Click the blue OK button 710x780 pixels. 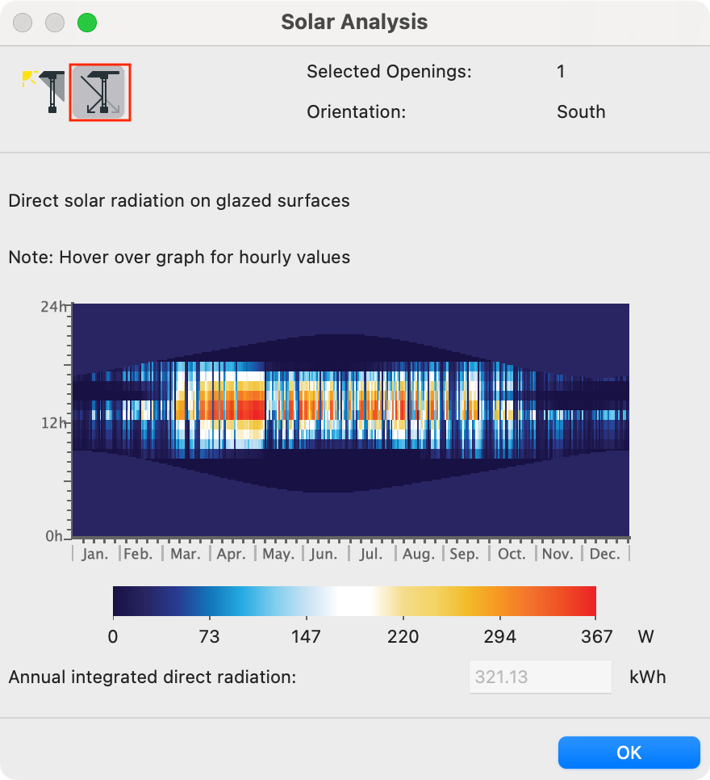pos(629,753)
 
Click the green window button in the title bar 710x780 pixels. pos(87,23)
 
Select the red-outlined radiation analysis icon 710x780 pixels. pos(100,92)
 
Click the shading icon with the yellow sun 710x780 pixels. pos(44,92)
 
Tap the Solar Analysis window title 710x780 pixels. pos(354,22)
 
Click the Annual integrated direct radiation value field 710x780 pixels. pos(540,677)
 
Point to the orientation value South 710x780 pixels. pos(581,112)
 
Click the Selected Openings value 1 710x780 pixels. pos(561,72)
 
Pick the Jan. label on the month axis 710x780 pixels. pos(95,554)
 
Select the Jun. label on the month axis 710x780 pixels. pos(324,554)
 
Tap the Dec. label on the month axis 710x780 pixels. pos(604,554)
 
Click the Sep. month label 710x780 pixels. pos(465,554)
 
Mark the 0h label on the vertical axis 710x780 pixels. pos(54,536)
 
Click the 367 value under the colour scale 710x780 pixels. pos(596,637)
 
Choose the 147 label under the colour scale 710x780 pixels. pos(306,637)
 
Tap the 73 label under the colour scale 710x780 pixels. pos(209,637)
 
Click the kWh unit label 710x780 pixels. pos(647,677)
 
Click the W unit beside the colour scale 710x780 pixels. pos(646,637)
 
